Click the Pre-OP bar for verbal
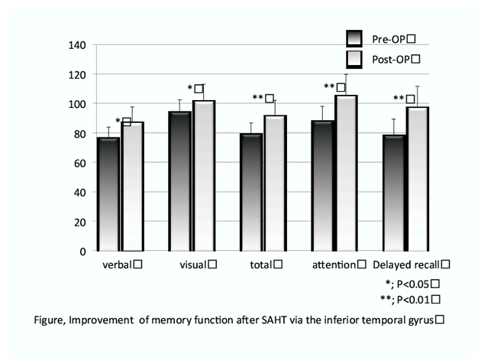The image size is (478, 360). (108, 194)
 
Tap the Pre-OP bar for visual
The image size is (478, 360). (179, 181)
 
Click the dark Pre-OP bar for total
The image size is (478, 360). (251, 192)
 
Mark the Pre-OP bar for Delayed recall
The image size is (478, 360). (395, 193)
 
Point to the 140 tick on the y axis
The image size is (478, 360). (76, 44)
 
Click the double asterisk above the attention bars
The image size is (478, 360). (328, 87)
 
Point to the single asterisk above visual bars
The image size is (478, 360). (190, 89)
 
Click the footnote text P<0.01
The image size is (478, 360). (415, 298)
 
